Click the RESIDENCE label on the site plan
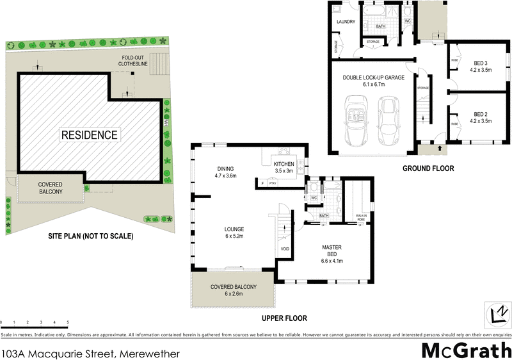click(x=90, y=135)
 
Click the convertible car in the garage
click(x=355, y=120)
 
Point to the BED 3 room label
click(x=480, y=67)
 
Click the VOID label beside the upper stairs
click(x=285, y=249)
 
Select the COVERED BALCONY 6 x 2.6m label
click(x=234, y=290)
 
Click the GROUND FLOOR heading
click(x=428, y=169)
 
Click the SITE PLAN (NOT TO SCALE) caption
click(x=90, y=236)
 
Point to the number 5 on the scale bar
click(x=68, y=323)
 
